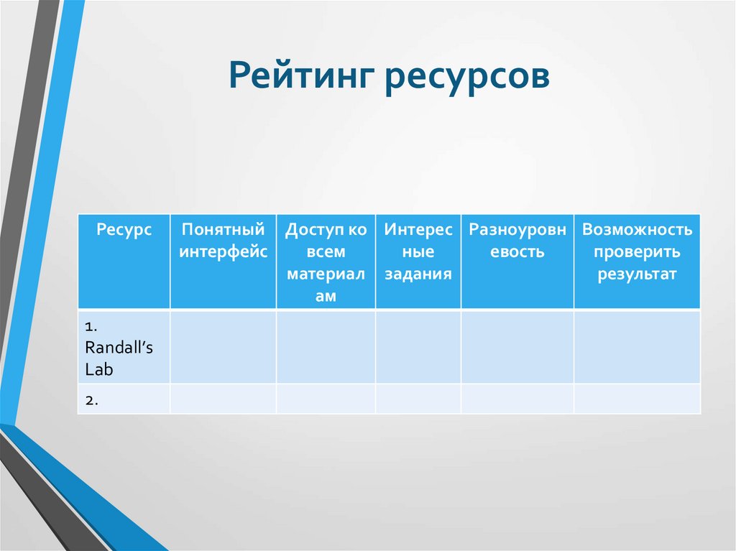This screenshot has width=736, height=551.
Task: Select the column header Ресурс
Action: (x=124, y=230)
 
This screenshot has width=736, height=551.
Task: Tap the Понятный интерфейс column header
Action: (x=223, y=241)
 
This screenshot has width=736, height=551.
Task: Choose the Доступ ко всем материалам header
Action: (x=326, y=262)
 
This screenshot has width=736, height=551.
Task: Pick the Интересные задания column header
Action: (x=418, y=251)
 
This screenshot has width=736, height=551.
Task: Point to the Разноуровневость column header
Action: (x=517, y=241)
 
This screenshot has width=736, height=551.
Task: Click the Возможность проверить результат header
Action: (x=637, y=251)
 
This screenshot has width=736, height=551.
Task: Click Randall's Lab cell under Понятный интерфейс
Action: (x=223, y=347)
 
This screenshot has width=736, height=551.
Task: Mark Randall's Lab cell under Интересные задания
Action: (x=418, y=347)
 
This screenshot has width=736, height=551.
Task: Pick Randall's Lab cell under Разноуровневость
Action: (x=517, y=347)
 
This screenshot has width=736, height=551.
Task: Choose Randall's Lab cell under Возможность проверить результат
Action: (x=637, y=347)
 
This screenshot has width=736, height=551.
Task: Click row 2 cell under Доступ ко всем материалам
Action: (x=326, y=399)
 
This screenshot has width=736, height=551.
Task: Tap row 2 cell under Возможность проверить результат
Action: (x=637, y=399)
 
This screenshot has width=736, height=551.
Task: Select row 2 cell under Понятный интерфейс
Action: (x=223, y=399)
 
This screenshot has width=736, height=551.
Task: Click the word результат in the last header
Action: (x=637, y=274)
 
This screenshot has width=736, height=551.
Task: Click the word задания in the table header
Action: (x=418, y=274)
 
